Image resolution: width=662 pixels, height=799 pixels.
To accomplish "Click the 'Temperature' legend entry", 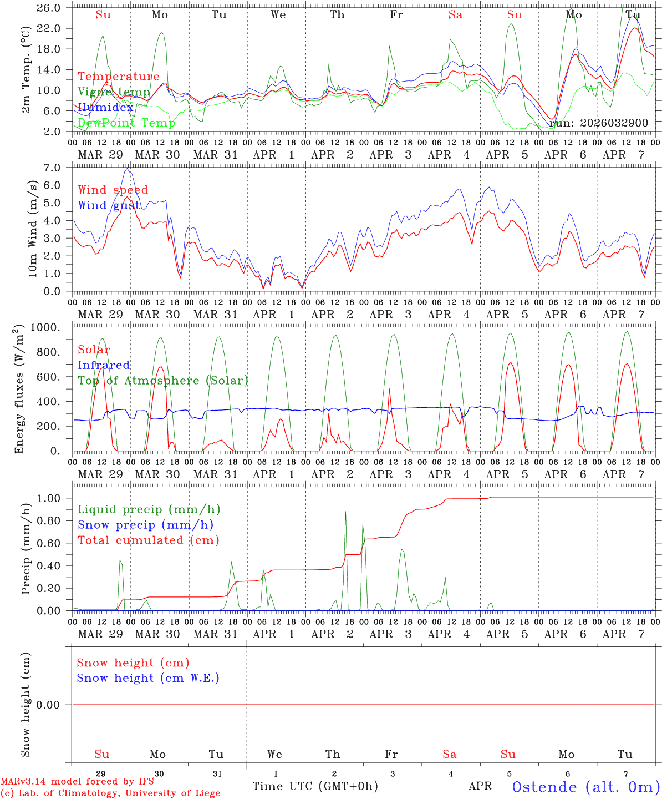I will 119,77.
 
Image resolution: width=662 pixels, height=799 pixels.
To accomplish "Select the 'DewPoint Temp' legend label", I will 126,123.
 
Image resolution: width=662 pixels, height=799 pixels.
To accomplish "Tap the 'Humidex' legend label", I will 105,107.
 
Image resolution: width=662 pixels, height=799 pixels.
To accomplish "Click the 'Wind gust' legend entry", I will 109,205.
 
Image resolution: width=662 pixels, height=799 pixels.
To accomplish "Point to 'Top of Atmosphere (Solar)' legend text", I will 163,381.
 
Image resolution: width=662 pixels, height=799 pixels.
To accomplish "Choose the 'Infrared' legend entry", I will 104,365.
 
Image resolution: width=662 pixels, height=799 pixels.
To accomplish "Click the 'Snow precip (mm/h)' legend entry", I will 145,525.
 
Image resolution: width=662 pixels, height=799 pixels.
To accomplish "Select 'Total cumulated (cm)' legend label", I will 148,540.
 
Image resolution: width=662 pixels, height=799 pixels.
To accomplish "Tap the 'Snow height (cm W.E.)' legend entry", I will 147,678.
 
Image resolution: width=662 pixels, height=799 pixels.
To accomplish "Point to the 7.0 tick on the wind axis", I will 58,168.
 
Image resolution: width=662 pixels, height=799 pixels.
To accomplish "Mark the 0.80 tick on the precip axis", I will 54,521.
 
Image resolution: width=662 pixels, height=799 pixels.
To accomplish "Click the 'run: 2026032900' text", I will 598,123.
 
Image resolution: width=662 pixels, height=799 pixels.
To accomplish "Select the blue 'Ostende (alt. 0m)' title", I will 585,787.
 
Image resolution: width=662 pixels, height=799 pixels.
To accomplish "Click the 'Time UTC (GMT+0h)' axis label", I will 315,786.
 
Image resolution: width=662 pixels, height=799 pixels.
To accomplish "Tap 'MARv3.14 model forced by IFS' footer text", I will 77,782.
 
